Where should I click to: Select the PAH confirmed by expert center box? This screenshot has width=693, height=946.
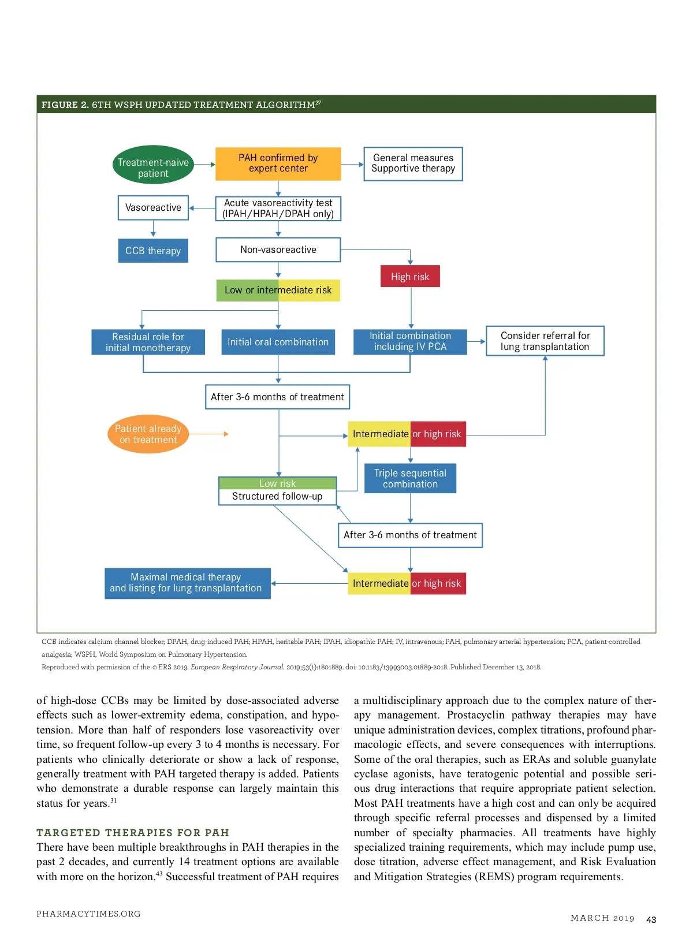click(x=278, y=163)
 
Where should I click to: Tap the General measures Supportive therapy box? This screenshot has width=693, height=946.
click(x=413, y=163)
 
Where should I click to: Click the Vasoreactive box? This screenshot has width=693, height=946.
click(x=153, y=207)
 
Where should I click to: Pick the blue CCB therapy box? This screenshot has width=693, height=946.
click(x=153, y=251)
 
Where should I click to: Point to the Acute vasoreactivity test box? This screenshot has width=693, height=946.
click(x=278, y=208)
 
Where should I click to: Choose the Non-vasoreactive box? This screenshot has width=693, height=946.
click(x=278, y=249)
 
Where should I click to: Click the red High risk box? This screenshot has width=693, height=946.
click(x=410, y=277)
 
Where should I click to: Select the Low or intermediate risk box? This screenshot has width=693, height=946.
click(x=278, y=290)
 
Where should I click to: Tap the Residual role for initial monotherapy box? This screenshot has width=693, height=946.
click(x=148, y=342)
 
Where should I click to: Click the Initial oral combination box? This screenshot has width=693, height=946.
click(x=278, y=342)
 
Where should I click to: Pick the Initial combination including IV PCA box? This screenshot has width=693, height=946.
click(x=410, y=341)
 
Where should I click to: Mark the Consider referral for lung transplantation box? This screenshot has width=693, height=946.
click(x=545, y=341)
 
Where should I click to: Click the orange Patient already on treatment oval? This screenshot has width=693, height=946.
click(x=148, y=434)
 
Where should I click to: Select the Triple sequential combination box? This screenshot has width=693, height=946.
click(x=410, y=478)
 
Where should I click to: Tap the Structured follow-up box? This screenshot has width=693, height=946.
click(x=277, y=496)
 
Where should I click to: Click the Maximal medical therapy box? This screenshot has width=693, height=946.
click(x=187, y=583)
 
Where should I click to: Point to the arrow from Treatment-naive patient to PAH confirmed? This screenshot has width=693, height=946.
click(x=204, y=164)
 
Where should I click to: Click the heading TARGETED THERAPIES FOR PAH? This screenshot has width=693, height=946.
click(x=133, y=832)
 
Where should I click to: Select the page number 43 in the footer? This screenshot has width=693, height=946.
click(x=651, y=919)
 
